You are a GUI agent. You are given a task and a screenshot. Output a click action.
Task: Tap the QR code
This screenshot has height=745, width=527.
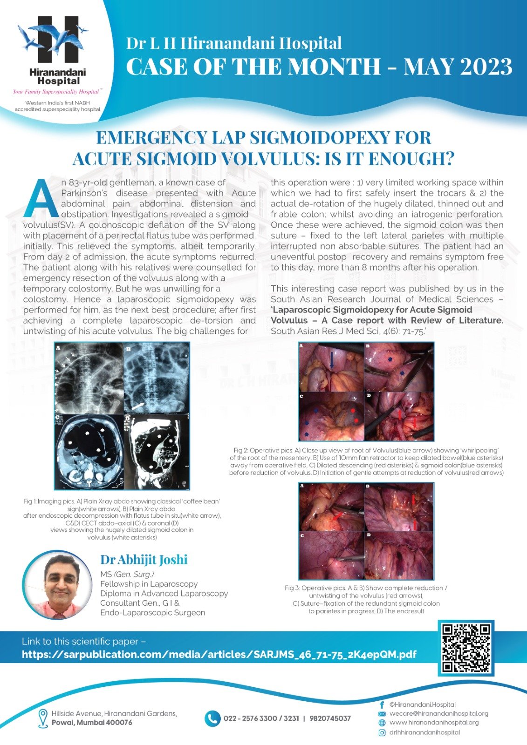[466, 648]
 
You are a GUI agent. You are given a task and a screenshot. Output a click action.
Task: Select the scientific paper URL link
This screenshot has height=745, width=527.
[219, 654]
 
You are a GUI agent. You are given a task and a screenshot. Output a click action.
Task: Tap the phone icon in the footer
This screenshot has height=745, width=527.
[212, 718]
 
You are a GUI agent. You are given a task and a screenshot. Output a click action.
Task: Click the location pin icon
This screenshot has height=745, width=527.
[43, 718]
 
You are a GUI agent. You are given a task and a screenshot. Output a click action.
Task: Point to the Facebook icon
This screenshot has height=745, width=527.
[382, 705]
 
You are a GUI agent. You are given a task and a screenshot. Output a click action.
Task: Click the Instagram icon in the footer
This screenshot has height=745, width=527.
[382, 732]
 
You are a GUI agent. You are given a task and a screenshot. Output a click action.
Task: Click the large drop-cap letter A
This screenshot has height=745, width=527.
[41, 199]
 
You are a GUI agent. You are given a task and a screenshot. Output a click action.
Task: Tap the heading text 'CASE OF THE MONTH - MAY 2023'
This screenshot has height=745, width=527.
[319, 66]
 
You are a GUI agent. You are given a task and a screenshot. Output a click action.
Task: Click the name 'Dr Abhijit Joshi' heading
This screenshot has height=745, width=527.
[144, 560]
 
